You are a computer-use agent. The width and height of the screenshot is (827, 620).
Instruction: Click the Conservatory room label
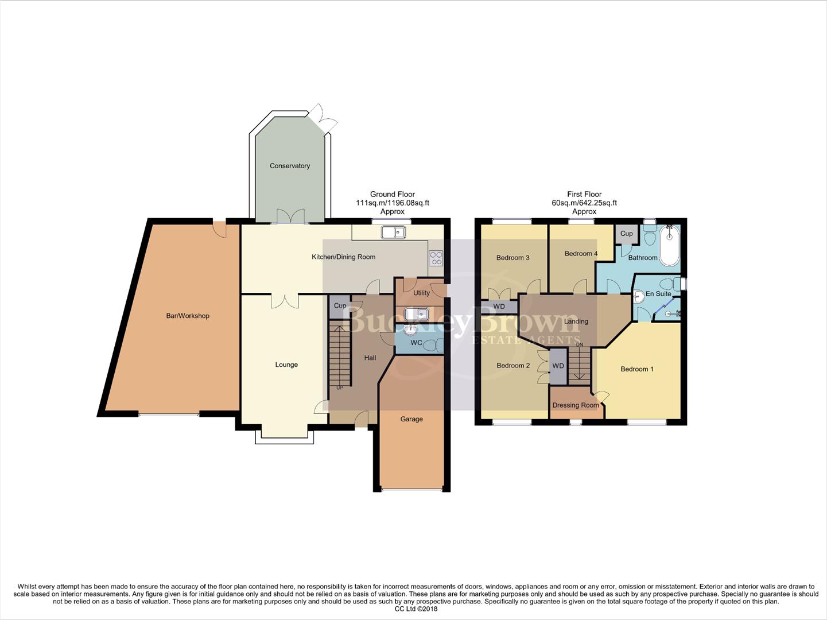click(x=290, y=166)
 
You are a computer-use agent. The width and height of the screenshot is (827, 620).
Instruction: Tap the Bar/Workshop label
click(x=188, y=316)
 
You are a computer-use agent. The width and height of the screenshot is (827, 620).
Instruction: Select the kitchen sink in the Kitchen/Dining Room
click(x=393, y=232)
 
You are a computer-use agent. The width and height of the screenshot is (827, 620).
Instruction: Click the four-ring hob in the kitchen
click(x=436, y=258)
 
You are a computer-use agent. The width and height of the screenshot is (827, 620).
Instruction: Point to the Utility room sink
click(x=416, y=314)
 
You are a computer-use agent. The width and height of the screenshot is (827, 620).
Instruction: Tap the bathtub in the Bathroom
click(x=669, y=246)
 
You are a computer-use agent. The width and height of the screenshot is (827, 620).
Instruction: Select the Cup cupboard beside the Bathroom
click(x=626, y=234)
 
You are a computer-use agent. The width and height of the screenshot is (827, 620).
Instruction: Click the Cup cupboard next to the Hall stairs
click(x=340, y=306)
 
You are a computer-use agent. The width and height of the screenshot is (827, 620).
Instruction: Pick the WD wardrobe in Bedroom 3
click(x=499, y=307)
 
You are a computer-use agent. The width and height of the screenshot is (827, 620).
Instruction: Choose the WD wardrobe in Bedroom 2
click(x=558, y=366)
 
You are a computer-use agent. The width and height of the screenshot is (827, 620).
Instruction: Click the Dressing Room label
click(x=575, y=405)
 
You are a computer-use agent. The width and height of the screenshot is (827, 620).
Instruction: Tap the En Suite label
click(x=658, y=294)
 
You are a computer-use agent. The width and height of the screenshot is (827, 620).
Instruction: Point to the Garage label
click(x=411, y=419)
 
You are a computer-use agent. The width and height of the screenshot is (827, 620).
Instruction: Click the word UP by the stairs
click(x=339, y=388)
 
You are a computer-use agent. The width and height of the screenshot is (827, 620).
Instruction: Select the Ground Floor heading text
click(x=392, y=194)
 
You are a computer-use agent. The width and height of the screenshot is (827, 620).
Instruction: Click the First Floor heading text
click(x=584, y=194)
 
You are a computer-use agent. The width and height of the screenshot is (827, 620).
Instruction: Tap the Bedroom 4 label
click(x=581, y=254)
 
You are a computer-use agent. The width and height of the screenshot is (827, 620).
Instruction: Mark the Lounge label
click(x=286, y=365)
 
